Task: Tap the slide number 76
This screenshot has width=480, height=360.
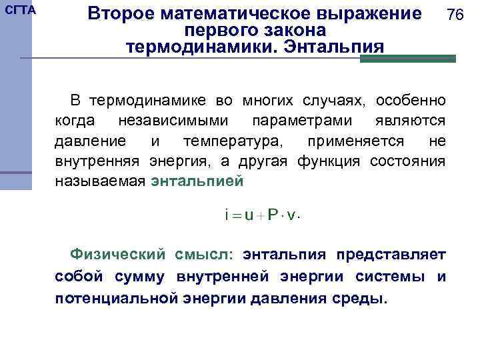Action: click(x=455, y=15)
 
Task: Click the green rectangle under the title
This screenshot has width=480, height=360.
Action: click(x=407, y=59)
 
